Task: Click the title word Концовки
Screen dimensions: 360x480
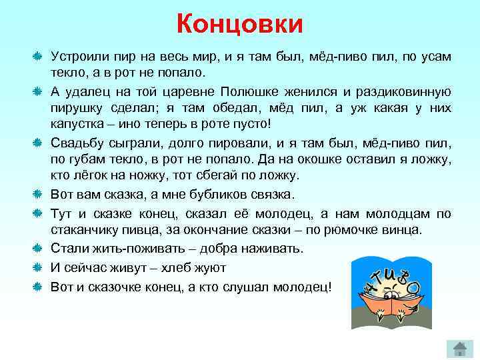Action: (x=240, y=25)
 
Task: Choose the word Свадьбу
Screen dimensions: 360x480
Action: (x=78, y=143)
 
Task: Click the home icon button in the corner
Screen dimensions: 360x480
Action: (x=459, y=346)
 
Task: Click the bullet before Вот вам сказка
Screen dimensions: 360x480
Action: (x=39, y=195)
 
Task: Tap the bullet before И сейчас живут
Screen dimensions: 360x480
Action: (x=39, y=267)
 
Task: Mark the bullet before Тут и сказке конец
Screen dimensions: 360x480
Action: (x=39, y=213)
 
